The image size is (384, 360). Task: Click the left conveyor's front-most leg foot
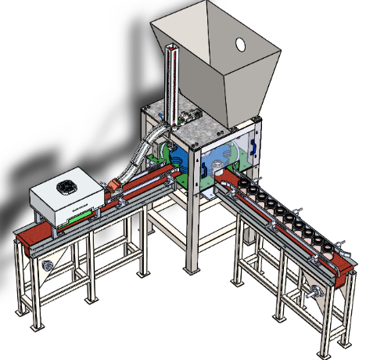click(x=32, y=332)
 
